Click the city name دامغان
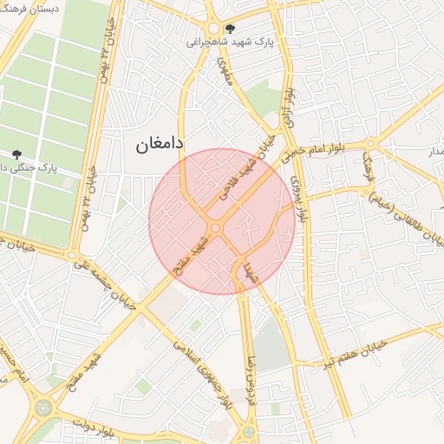pyautogui.click(x=160, y=147)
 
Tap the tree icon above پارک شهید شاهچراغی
pyautogui.click(x=229, y=29)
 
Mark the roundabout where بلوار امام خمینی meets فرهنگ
pyautogui.click(x=370, y=143)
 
